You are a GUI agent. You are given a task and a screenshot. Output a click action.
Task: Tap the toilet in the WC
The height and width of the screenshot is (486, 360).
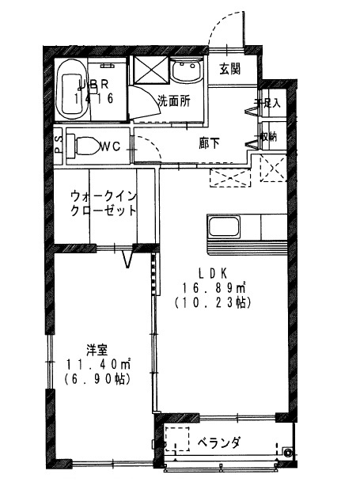(85, 146)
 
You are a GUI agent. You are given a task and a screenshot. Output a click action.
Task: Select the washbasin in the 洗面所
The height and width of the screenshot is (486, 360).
(186, 74)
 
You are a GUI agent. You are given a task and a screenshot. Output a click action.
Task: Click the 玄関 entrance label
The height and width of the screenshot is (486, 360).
(230, 69)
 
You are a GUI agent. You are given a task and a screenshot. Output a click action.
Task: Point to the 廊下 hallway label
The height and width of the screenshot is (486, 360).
(210, 144)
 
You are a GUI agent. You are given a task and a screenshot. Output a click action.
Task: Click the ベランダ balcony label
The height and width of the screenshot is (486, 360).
(218, 441)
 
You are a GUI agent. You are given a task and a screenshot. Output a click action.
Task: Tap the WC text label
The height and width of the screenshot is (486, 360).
(111, 146)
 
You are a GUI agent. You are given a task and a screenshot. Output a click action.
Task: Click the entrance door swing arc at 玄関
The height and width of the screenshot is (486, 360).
(224, 28)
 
